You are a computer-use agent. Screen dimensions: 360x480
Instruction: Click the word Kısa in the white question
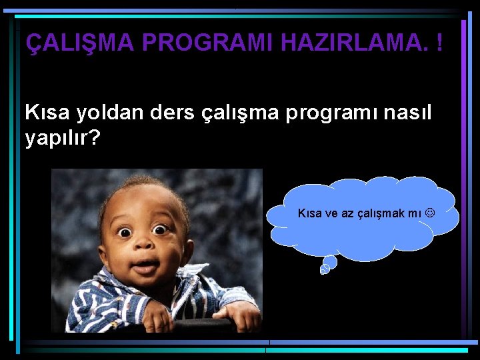coord(47,113)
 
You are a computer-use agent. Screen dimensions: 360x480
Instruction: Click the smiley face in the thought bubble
coord(430,213)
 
